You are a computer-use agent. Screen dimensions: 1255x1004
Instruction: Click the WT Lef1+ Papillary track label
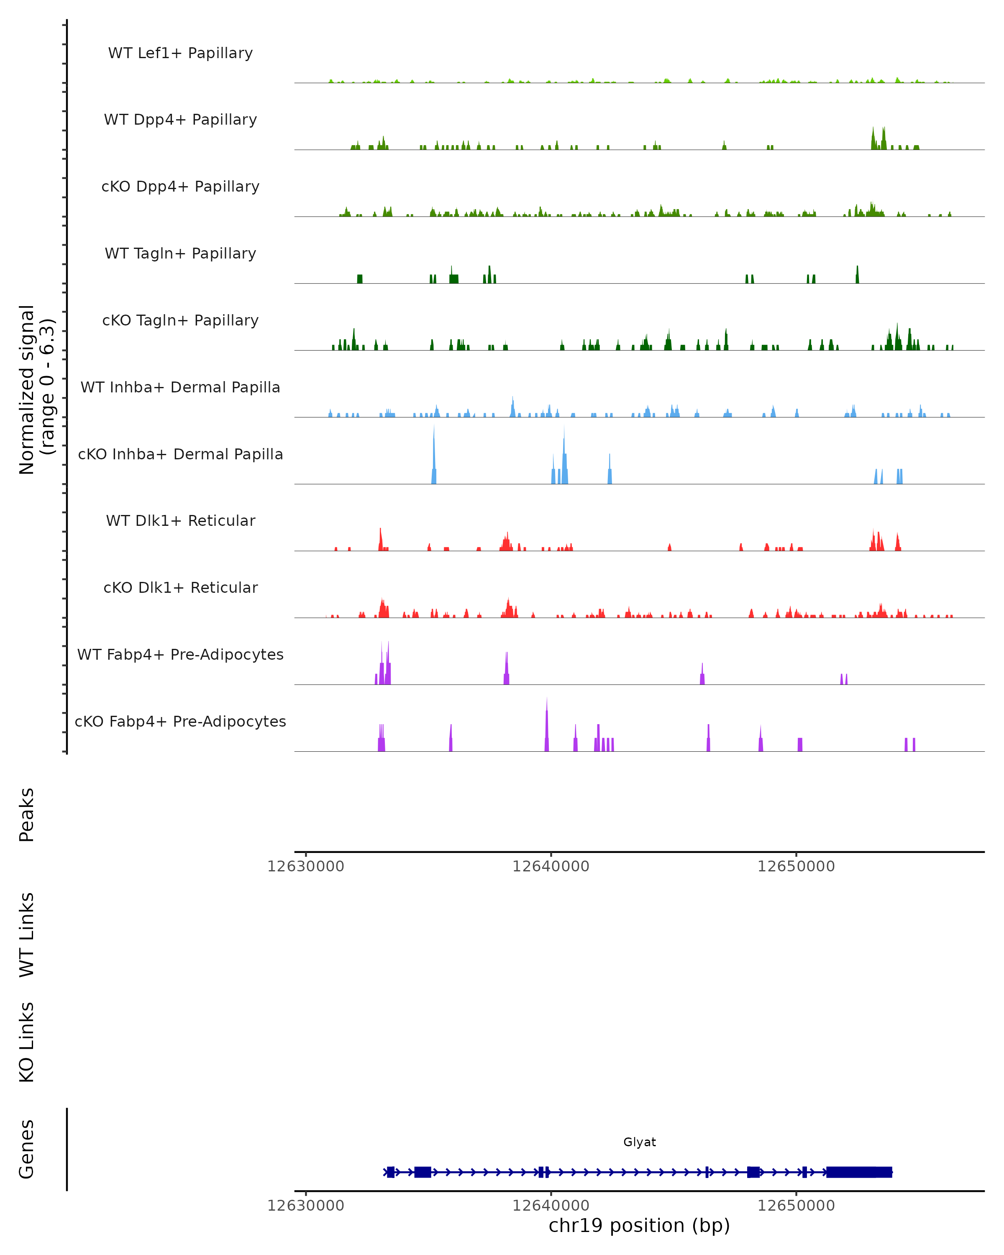[180, 53]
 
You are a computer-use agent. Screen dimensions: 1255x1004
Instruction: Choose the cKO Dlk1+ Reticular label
[180, 587]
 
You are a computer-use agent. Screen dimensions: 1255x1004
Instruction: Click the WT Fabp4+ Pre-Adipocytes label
[180, 654]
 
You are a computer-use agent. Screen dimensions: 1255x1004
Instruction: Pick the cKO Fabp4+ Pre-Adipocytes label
[180, 721]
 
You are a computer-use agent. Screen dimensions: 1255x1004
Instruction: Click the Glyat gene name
[639, 1142]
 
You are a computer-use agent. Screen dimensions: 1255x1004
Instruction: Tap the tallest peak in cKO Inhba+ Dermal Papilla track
[434, 448]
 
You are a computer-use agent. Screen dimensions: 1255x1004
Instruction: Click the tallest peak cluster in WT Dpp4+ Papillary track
[878, 138]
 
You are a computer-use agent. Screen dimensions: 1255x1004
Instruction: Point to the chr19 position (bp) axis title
[639, 1225]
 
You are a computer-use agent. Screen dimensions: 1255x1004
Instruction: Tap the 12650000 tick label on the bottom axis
[796, 1206]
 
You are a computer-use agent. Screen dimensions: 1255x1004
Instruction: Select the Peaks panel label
[27, 815]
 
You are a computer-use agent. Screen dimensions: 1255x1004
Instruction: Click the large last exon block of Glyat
[859, 1172]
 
